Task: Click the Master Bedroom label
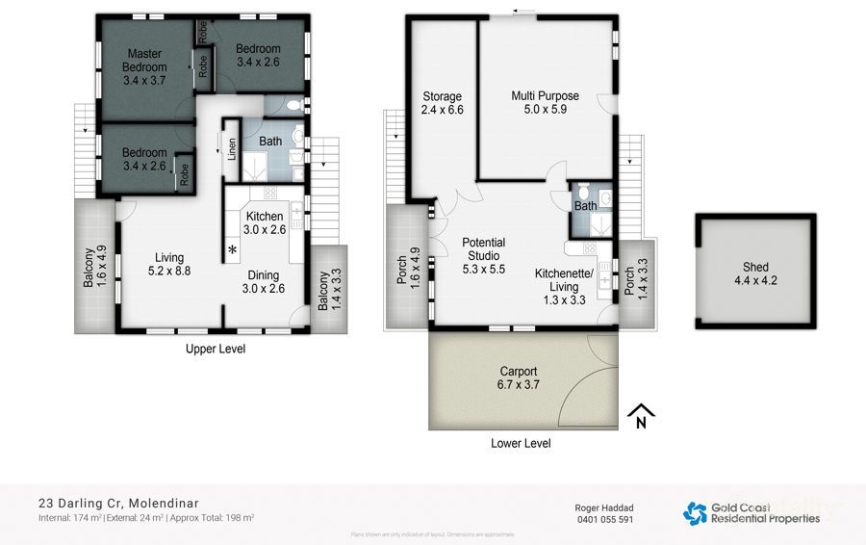click(x=144, y=67)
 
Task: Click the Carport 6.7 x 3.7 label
click(x=519, y=378)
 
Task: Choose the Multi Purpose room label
click(x=545, y=103)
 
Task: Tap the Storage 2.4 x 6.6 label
click(x=443, y=103)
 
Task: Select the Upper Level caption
click(x=215, y=350)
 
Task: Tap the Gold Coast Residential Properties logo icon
click(x=695, y=512)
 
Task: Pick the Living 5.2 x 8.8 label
click(x=170, y=264)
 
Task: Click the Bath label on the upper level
click(x=270, y=142)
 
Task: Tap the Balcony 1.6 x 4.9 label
click(x=93, y=268)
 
